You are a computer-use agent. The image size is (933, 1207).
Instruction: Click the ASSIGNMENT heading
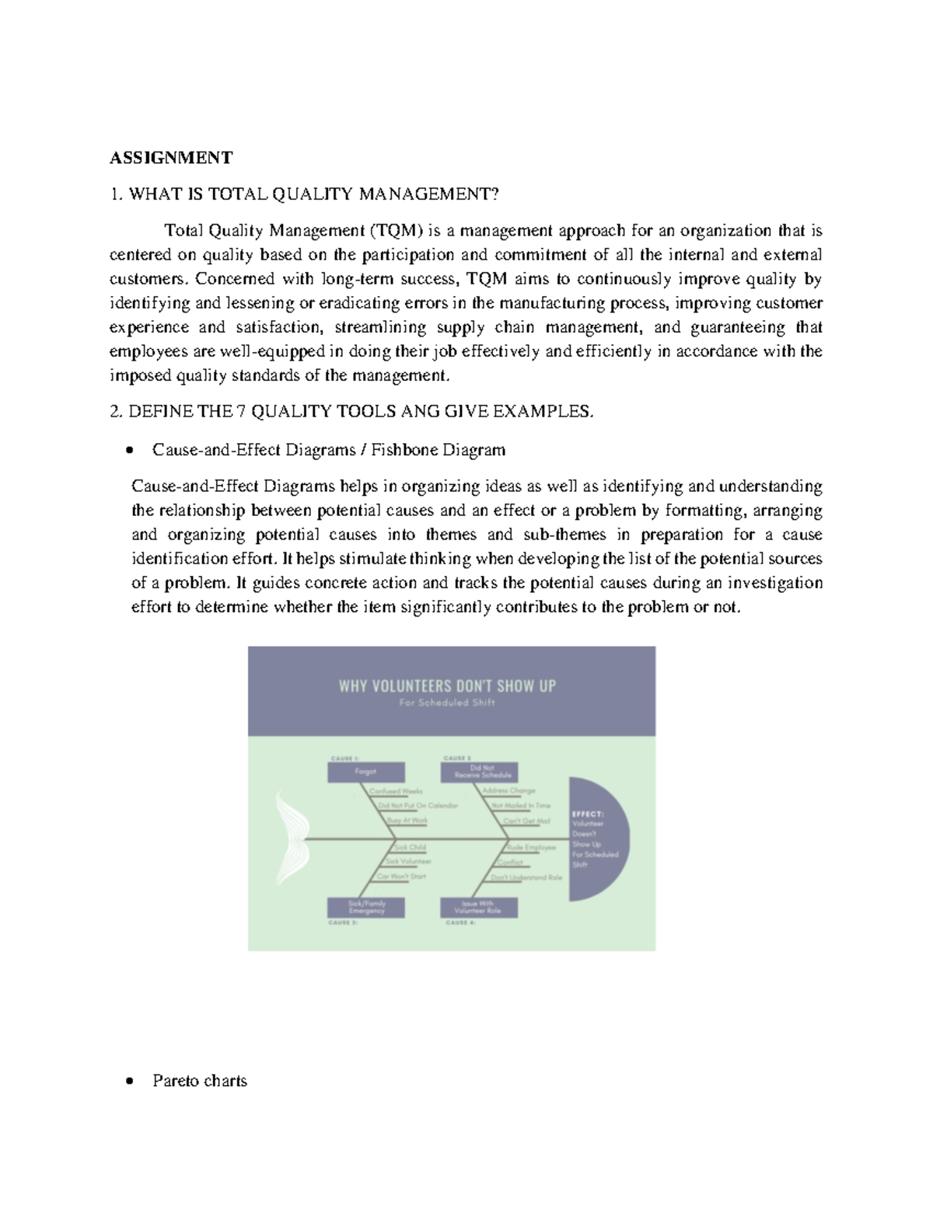click(x=170, y=158)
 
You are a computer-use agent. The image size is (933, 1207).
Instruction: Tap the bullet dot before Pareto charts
click(x=130, y=1080)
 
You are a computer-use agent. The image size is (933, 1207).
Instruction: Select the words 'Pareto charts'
click(x=200, y=1080)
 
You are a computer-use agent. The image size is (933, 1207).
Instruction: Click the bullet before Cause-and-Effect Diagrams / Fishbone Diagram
click(x=130, y=449)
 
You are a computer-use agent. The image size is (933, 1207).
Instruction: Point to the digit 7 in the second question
click(x=241, y=411)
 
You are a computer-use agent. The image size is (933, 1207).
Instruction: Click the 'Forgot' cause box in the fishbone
click(x=365, y=772)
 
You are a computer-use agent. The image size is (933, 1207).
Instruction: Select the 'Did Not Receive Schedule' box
click(x=479, y=772)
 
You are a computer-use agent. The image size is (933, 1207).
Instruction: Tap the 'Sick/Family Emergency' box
click(x=365, y=907)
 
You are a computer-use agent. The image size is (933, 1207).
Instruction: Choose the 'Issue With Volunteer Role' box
click(x=479, y=907)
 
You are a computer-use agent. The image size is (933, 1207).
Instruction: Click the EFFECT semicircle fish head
click(x=596, y=839)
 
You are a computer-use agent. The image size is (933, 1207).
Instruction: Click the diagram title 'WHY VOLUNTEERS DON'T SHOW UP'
click(x=447, y=685)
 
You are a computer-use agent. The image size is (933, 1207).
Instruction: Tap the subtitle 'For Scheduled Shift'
click(x=447, y=703)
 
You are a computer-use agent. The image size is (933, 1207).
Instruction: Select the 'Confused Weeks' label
click(x=396, y=791)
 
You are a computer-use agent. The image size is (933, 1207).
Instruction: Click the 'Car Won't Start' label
click(x=401, y=876)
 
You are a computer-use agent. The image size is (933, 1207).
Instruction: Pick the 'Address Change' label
click(x=508, y=790)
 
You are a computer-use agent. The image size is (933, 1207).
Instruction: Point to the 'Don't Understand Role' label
click(x=526, y=877)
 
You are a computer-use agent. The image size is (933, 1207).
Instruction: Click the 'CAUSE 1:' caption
click(x=344, y=758)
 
